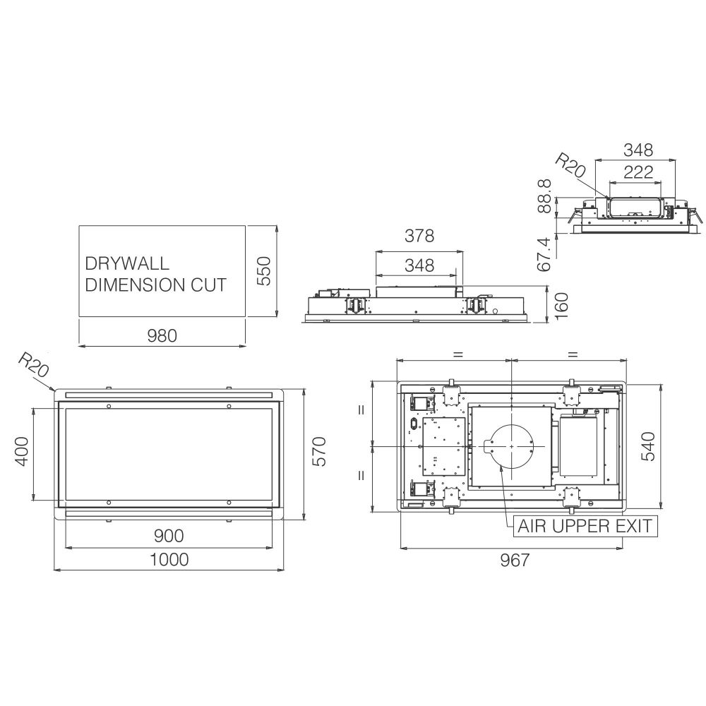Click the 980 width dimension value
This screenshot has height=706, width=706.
point(162,335)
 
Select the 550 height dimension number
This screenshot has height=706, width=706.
point(264,270)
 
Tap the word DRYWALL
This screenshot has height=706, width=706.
point(127,263)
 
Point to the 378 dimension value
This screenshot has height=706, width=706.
point(419,236)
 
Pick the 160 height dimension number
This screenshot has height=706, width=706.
point(561,306)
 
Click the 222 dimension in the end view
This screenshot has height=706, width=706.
point(638,172)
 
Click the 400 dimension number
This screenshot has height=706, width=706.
point(22,452)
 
